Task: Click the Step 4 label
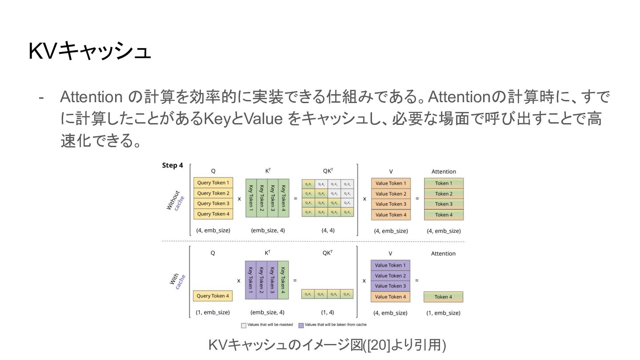[172, 165]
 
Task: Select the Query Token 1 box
[213, 183]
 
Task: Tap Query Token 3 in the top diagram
[213, 204]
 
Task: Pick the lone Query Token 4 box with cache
[213, 296]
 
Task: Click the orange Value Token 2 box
[391, 194]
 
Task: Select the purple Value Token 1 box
[390, 265]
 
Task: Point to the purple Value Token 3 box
[390, 286]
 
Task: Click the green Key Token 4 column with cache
[283, 280]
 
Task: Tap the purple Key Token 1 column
[251, 280]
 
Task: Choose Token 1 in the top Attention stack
[444, 183]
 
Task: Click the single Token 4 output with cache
[444, 297]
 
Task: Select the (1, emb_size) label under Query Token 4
[213, 313]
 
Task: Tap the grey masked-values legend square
[244, 325]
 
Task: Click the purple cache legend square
[301, 325]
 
